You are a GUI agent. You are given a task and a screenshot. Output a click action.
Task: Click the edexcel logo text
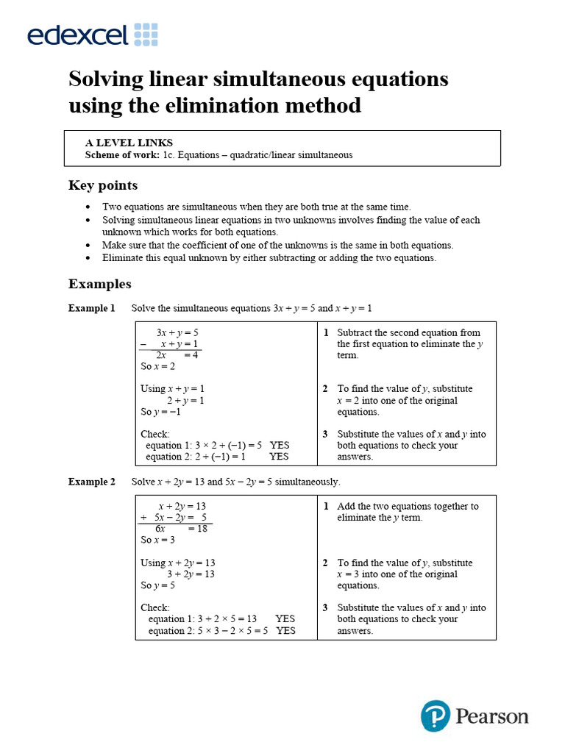[x=78, y=35]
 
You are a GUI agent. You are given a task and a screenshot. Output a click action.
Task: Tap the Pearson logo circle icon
[x=436, y=715]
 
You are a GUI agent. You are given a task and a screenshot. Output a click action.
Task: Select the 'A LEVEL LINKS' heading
[x=129, y=143]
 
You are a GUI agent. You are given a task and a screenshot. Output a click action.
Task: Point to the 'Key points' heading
[x=103, y=185]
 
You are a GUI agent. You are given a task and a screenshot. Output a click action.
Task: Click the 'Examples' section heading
[x=100, y=284]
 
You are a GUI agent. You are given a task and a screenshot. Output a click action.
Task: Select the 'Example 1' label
[x=92, y=308]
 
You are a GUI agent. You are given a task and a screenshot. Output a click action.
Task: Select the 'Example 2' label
[x=92, y=482]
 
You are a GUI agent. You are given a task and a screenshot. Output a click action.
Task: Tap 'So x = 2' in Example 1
[x=158, y=366]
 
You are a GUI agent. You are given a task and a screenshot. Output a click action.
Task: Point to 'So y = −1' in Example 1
[x=161, y=412]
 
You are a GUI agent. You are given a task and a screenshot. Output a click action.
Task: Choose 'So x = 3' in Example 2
[x=158, y=540]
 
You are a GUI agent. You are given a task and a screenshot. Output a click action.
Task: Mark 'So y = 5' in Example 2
[x=158, y=585]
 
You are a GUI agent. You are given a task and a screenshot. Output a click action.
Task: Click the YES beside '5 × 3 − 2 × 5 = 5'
[x=285, y=630]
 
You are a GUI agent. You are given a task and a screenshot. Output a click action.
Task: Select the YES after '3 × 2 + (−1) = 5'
[x=280, y=445]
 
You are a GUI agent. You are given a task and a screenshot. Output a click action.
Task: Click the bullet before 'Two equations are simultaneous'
[x=89, y=207]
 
